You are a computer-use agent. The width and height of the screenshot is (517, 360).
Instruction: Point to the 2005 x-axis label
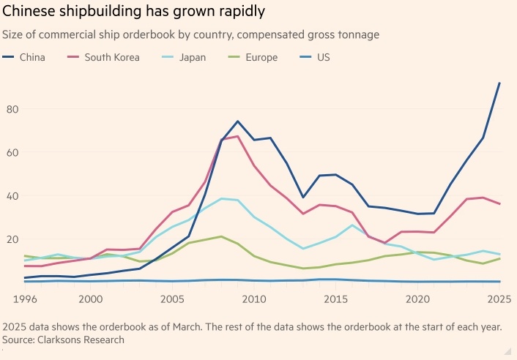(x=172, y=299)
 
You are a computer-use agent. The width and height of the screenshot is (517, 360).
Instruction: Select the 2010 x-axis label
(x=254, y=299)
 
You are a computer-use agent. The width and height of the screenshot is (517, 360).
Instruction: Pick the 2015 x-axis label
(x=336, y=299)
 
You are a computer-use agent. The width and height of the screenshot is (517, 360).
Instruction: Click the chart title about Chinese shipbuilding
(x=134, y=12)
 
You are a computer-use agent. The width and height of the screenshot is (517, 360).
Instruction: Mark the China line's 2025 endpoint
(x=499, y=83)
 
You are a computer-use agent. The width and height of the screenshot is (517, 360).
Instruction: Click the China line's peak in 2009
(x=238, y=121)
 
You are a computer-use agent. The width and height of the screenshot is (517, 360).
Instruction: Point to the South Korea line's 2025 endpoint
(x=499, y=204)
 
